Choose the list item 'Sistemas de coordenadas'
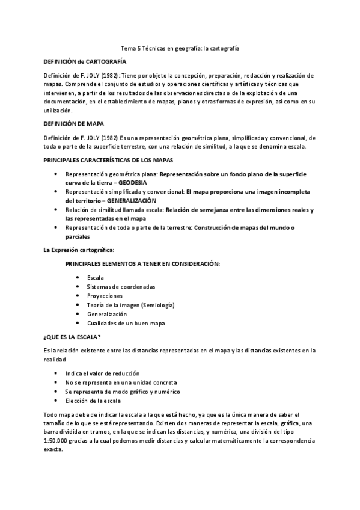point(121,286)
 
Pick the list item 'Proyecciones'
point(105,296)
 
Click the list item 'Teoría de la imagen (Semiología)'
point(130,305)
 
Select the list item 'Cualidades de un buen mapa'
point(126,323)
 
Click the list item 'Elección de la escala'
point(93,401)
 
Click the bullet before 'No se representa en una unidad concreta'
point(56,382)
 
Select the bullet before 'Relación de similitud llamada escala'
point(56,210)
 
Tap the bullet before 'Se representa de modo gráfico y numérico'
point(56,392)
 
